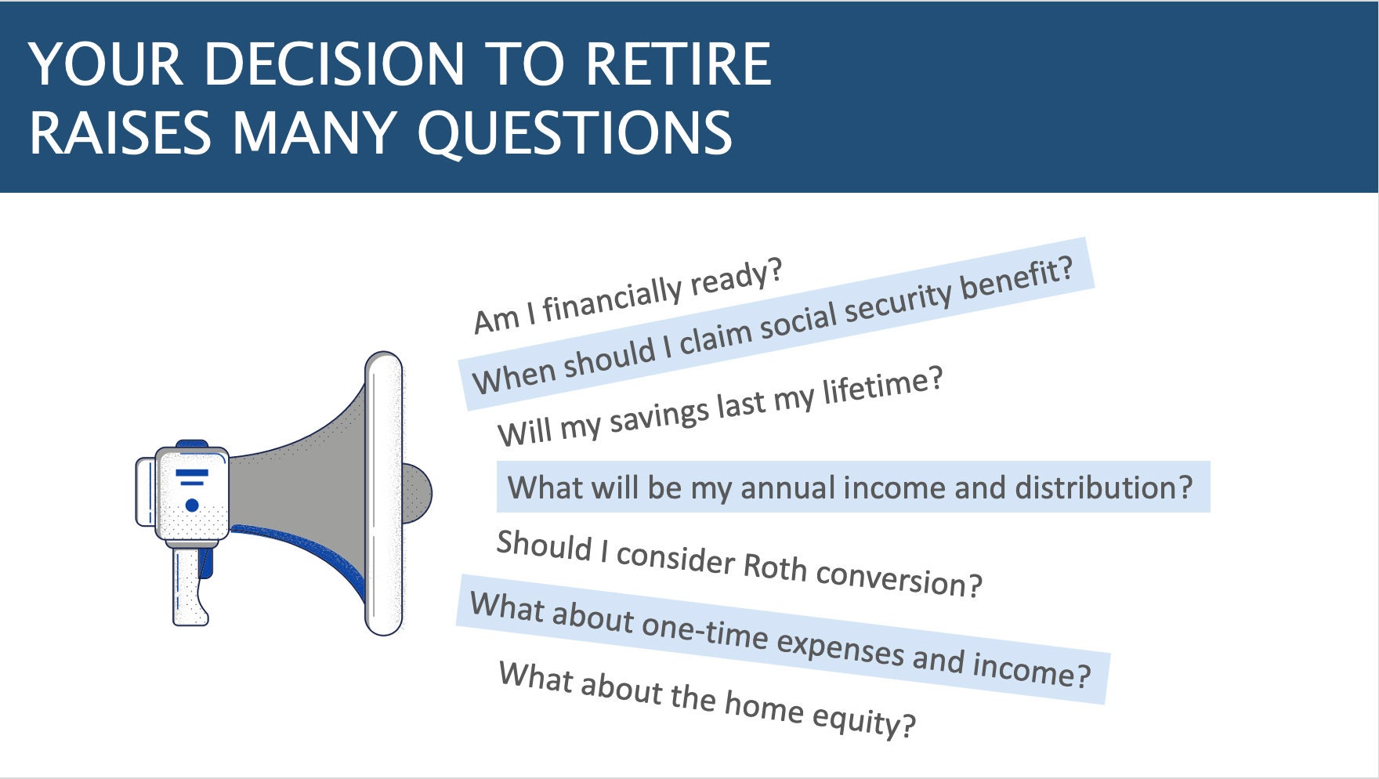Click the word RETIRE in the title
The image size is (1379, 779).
point(678,64)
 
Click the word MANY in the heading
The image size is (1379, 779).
point(313,133)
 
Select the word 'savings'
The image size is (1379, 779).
point(659,414)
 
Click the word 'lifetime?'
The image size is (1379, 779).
point(882,386)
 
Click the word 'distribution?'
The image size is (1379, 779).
point(1103,487)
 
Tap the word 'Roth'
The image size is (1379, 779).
point(774,567)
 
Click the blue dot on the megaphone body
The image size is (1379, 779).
point(192,505)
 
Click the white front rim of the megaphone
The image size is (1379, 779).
point(383,494)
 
